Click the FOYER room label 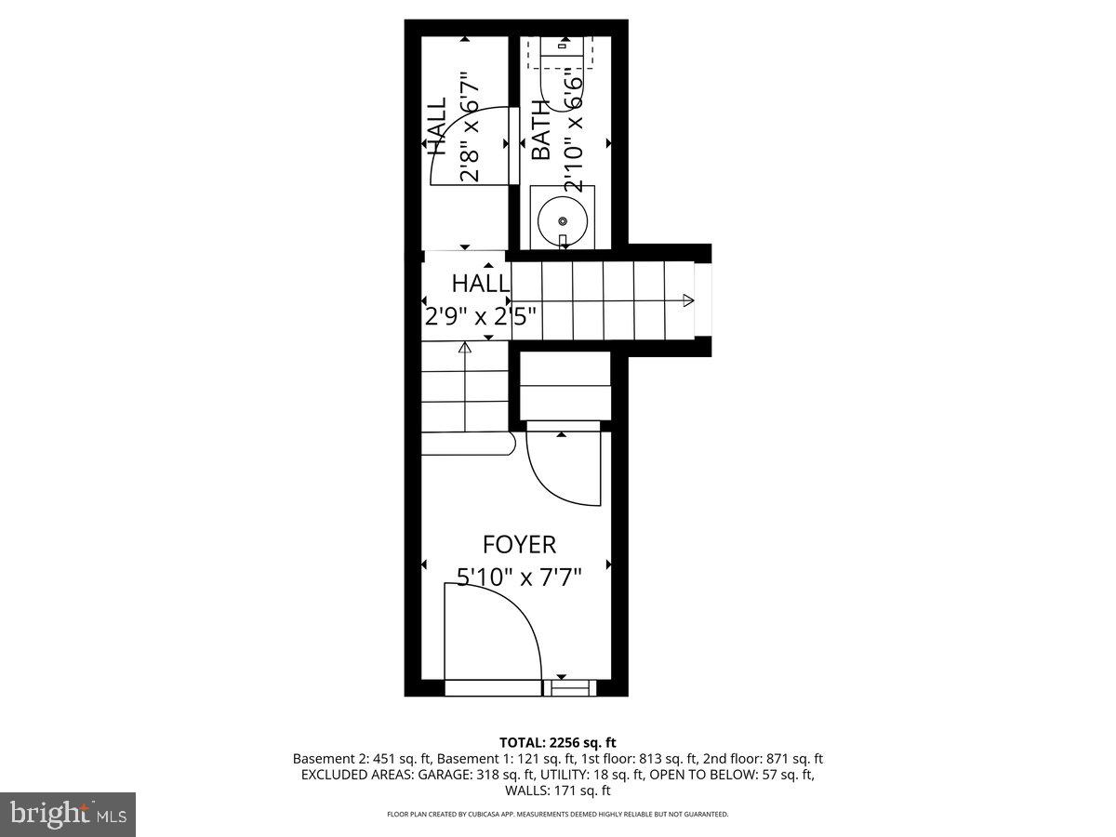click(x=519, y=544)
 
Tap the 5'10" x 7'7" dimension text click(x=519, y=578)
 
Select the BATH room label click(x=540, y=130)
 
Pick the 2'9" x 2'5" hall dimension click(x=481, y=316)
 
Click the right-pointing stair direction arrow click(x=687, y=299)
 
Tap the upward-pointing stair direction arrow click(x=464, y=350)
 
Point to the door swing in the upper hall click(x=474, y=144)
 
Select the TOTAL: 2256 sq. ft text click(x=558, y=742)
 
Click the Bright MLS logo click(x=67, y=814)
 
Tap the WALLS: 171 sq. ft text click(x=558, y=791)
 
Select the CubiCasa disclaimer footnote click(x=558, y=814)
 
